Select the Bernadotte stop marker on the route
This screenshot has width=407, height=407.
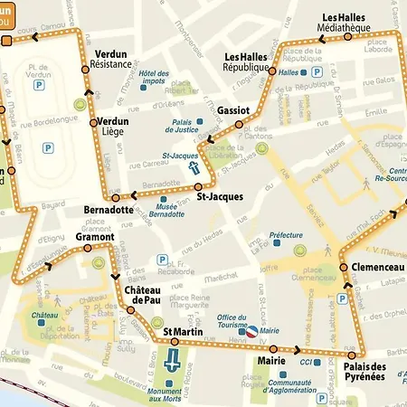[x=115, y=197]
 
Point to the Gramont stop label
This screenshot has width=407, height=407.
[x=95, y=237]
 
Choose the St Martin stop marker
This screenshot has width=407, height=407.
[x=175, y=343]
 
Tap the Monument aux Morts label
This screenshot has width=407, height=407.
[x=166, y=394]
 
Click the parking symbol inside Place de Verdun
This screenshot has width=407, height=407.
[x=39, y=84]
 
